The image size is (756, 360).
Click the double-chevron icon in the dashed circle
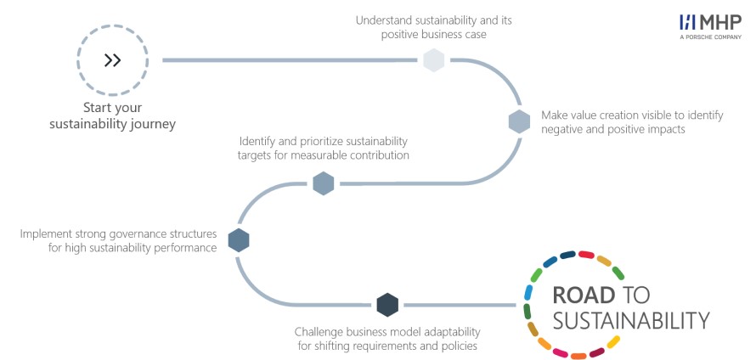coord(112,60)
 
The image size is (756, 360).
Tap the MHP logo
coord(711,23)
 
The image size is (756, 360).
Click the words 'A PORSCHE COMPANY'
coord(711,37)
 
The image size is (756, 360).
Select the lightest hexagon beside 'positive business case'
coord(433,60)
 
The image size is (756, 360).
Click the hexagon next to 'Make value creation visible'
coord(519,121)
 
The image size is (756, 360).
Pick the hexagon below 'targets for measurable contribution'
coord(324,183)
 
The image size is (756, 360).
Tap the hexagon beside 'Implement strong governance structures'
coord(238,240)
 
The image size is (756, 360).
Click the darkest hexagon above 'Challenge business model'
coord(387,305)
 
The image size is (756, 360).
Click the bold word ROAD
coord(584,295)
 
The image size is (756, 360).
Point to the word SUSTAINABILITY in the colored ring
coord(631,320)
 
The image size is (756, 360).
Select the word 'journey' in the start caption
coord(153,125)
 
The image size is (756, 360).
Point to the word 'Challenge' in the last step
coord(316,332)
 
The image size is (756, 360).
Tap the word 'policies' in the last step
coord(461,346)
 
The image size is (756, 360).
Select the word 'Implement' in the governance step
coord(42,234)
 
